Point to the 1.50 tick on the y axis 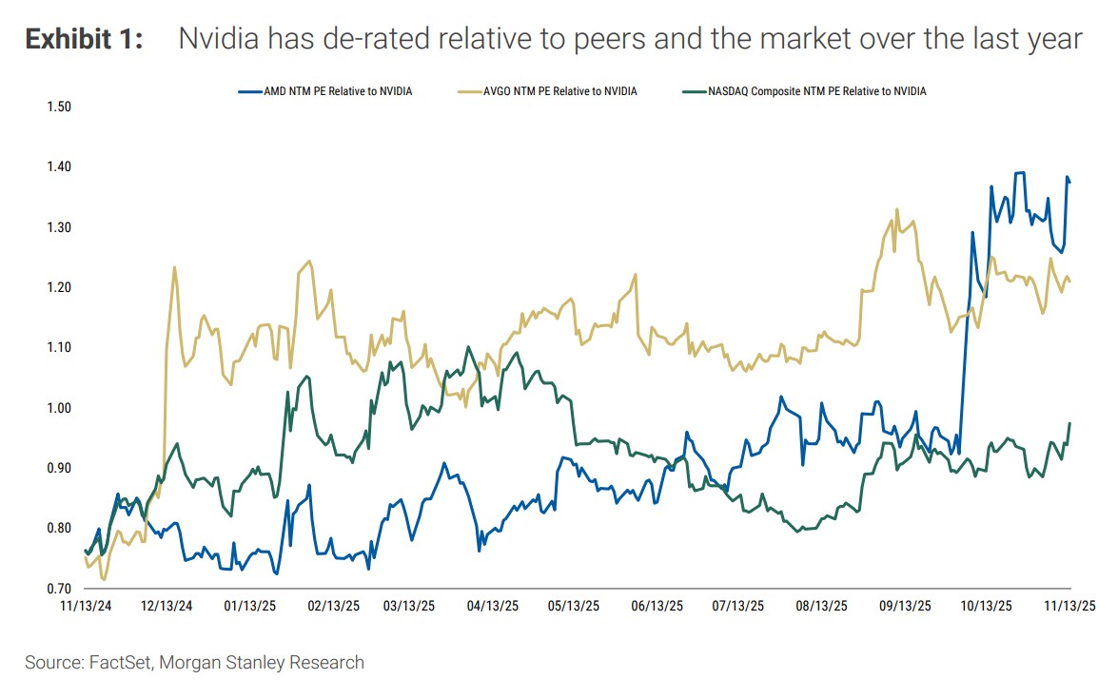[59, 107]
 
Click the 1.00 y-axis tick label [59, 408]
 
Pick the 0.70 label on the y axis [59, 590]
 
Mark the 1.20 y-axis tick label [59, 287]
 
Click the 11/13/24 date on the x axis [87, 605]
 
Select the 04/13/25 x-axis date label [494, 605]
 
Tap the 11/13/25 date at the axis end [1069, 605]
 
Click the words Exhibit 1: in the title [84, 39]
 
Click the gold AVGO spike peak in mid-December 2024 [174, 267]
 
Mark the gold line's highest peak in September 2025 [896, 210]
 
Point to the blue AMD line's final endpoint [1070, 182]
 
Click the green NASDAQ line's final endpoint [1070, 424]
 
